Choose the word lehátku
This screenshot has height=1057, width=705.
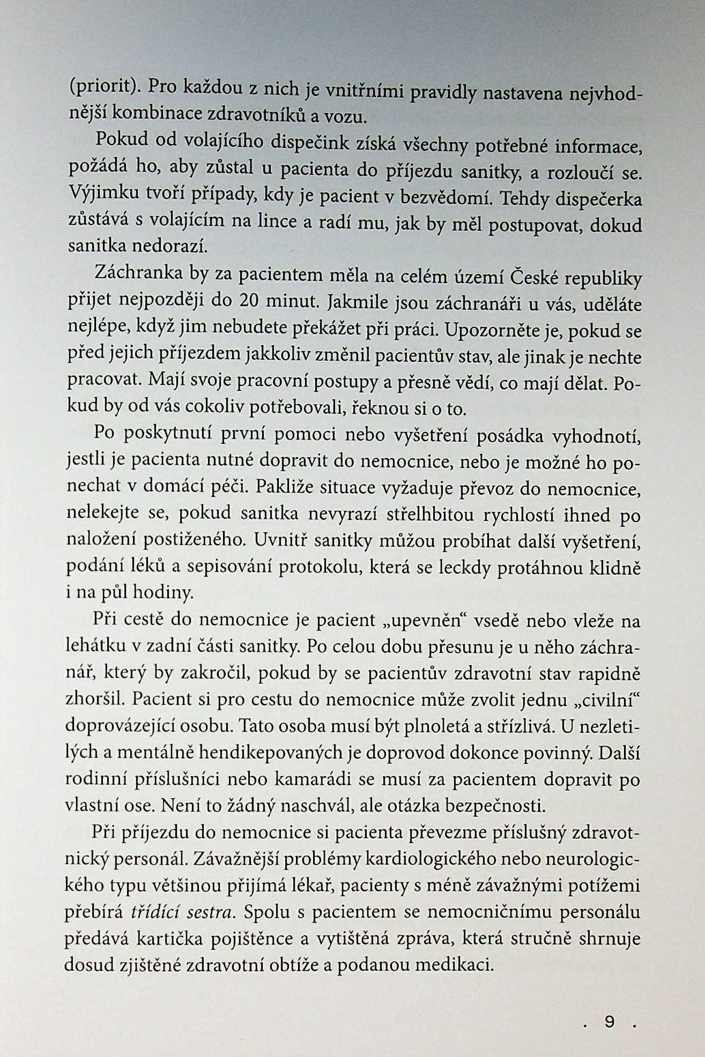pyautogui.click(x=95, y=646)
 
